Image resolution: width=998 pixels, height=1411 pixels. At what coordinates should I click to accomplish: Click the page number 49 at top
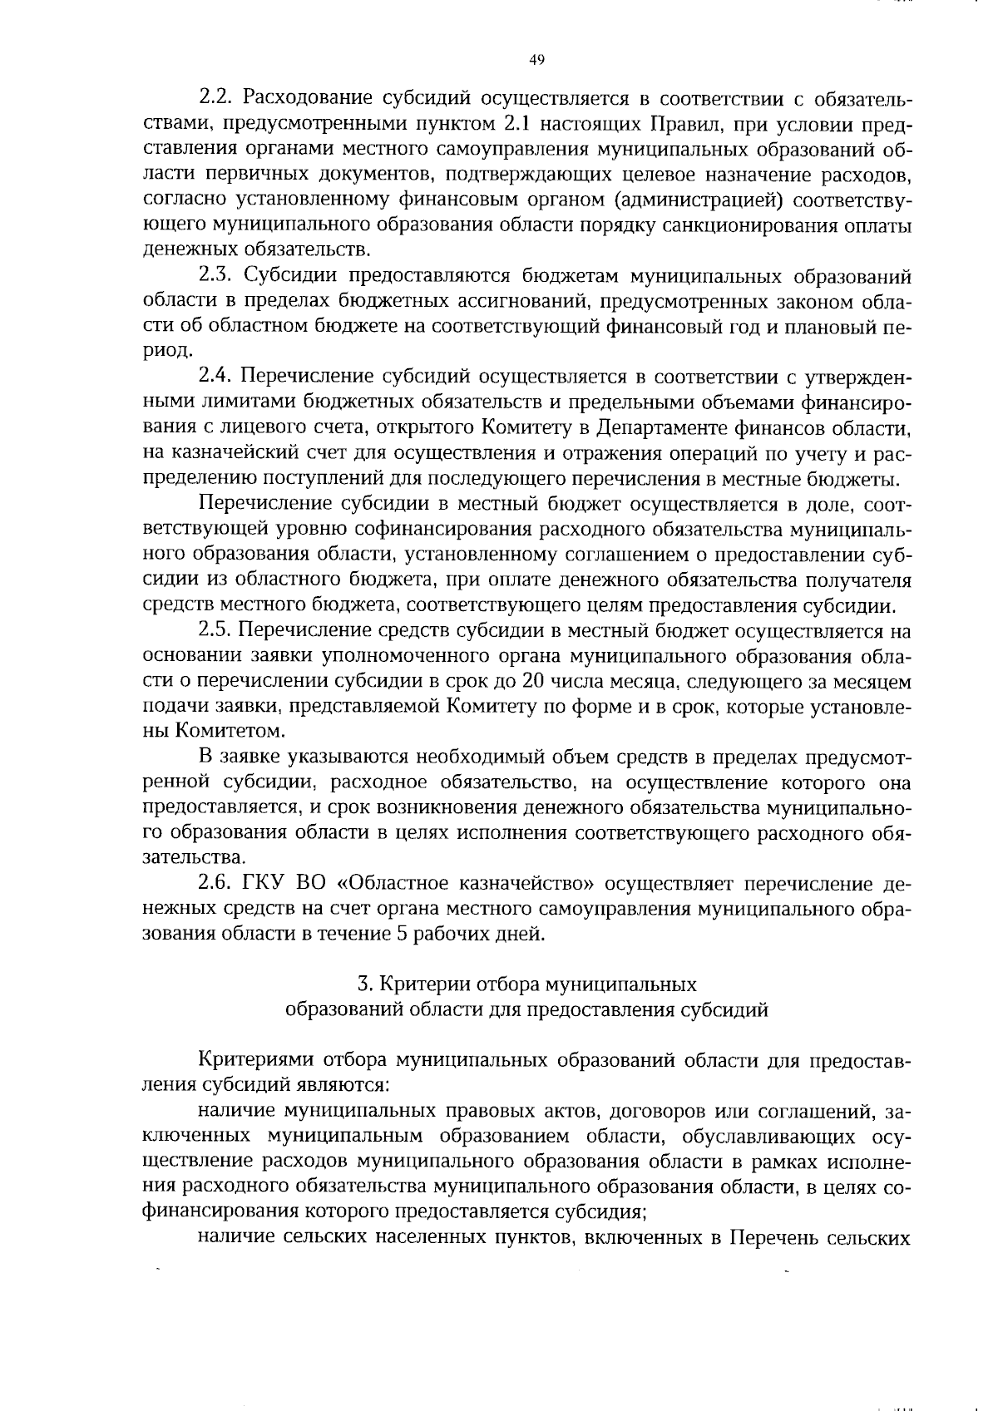pos(536,59)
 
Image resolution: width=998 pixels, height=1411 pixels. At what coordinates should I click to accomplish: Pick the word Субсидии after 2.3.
pos(291,276)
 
